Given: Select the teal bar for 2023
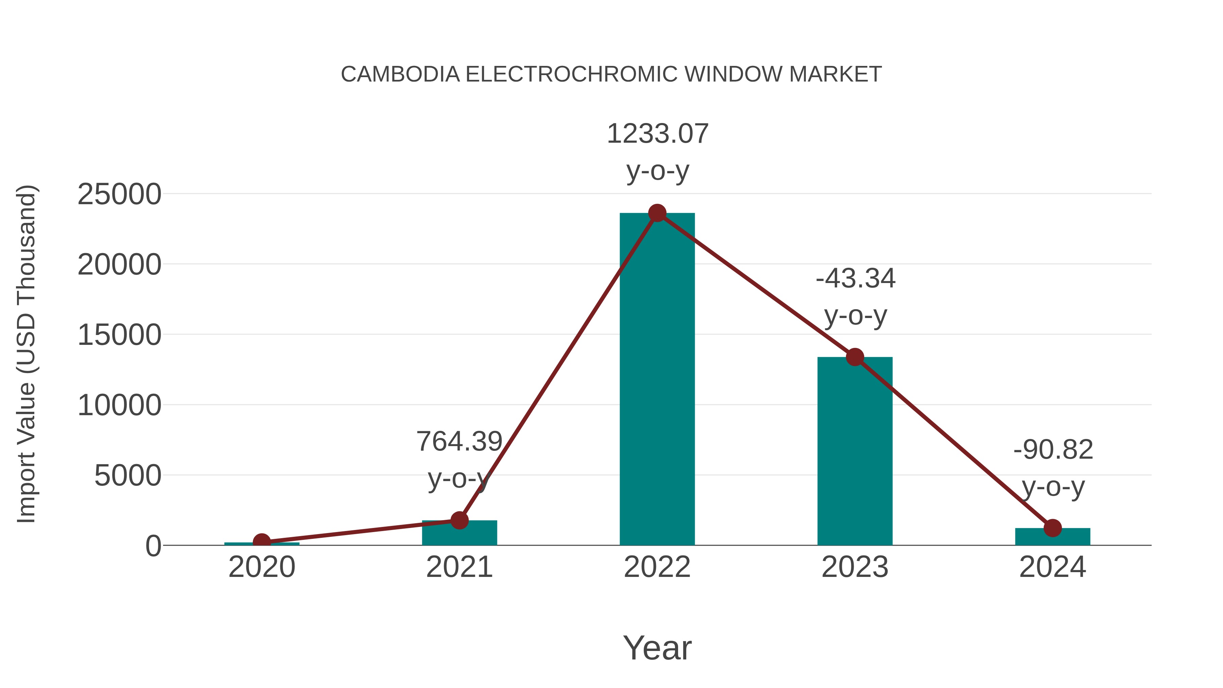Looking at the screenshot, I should pyautogui.click(x=855, y=451).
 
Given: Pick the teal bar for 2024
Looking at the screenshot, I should pyautogui.click(x=1052, y=537).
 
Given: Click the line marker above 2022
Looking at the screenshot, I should pyautogui.click(x=657, y=213).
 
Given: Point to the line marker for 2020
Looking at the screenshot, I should pyautogui.click(x=262, y=542).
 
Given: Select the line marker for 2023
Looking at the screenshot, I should pyautogui.click(x=855, y=357).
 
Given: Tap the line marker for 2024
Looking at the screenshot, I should pyautogui.click(x=1052, y=528).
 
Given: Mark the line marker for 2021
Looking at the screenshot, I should pyautogui.click(x=459, y=521).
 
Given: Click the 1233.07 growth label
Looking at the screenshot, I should pyautogui.click(x=658, y=134).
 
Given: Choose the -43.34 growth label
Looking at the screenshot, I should pyautogui.click(x=855, y=279).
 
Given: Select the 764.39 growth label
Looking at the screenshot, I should pyautogui.click(x=459, y=442).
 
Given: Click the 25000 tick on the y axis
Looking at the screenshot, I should pyautogui.click(x=119, y=194).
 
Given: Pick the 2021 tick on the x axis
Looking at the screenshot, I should pyautogui.click(x=459, y=567).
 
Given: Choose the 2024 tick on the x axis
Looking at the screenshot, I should pyautogui.click(x=1052, y=567).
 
